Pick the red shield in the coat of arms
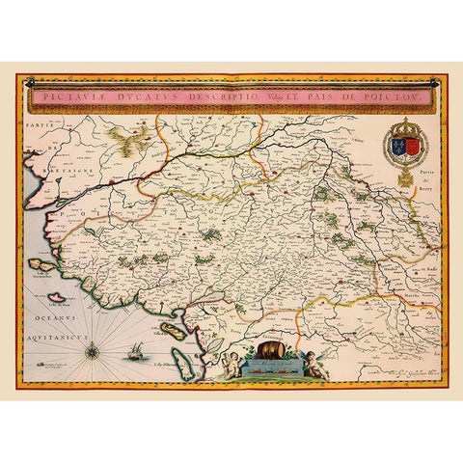click(x=409, y=148)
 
